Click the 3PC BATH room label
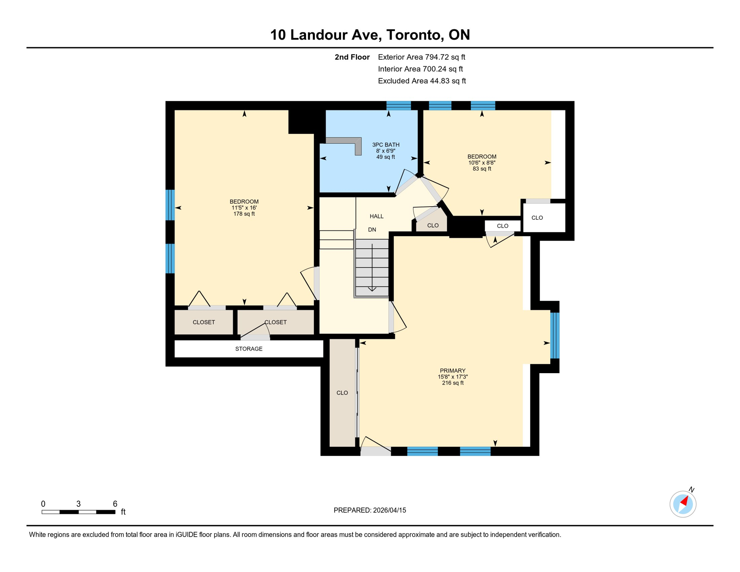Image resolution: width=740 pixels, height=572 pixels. coord(386,145)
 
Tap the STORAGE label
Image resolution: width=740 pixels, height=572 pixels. coord(249,349)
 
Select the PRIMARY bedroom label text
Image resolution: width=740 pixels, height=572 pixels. coord(453,371)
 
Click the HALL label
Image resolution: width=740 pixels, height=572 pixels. coord(376,216)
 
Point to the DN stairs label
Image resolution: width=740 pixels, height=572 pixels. coord(372,230)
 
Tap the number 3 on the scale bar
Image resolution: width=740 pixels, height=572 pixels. coord(79,504)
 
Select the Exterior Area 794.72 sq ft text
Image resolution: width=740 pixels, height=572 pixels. coord(421,57)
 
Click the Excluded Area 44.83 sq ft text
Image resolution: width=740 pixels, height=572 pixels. coord(422,81)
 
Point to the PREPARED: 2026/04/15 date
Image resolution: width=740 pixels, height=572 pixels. coord(370,511)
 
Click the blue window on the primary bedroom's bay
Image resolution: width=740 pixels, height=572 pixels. coord(555,336)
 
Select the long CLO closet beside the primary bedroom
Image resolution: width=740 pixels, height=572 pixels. coord(342,393)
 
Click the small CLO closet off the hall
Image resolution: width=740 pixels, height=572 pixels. coord(433,225)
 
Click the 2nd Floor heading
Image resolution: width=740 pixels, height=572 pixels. coord(352,57)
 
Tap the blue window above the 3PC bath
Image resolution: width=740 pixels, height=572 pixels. coord(398,106)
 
